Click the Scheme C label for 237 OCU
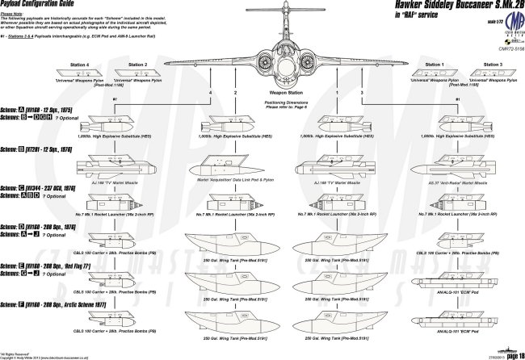[x=44, y=187]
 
